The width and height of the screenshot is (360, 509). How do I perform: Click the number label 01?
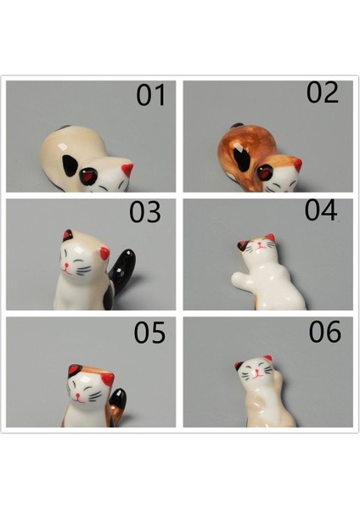point(151,95)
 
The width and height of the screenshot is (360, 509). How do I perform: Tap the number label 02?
point(323,92)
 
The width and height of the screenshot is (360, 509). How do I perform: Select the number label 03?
point(145,212)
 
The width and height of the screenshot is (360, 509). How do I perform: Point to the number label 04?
point(320,210)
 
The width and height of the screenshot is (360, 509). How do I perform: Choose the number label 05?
point(149,333)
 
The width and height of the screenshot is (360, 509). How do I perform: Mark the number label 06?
point(324,331)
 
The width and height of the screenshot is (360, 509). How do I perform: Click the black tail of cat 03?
point(122,272)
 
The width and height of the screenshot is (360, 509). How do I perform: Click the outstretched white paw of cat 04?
point(241,281)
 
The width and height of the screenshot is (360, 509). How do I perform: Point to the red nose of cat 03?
point(66,266)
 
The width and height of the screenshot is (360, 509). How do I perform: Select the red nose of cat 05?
point(77,395)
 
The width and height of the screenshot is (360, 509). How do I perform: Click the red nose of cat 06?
point(257,371)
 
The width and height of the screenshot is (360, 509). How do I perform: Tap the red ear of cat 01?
point(127,170)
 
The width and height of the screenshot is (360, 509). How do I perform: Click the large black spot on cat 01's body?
point(70,165)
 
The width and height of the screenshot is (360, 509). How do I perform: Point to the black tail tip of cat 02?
point(237,126)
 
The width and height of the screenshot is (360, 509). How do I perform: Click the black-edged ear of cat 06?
point(239,366)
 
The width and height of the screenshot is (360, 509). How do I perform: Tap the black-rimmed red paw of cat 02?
point(265,173)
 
